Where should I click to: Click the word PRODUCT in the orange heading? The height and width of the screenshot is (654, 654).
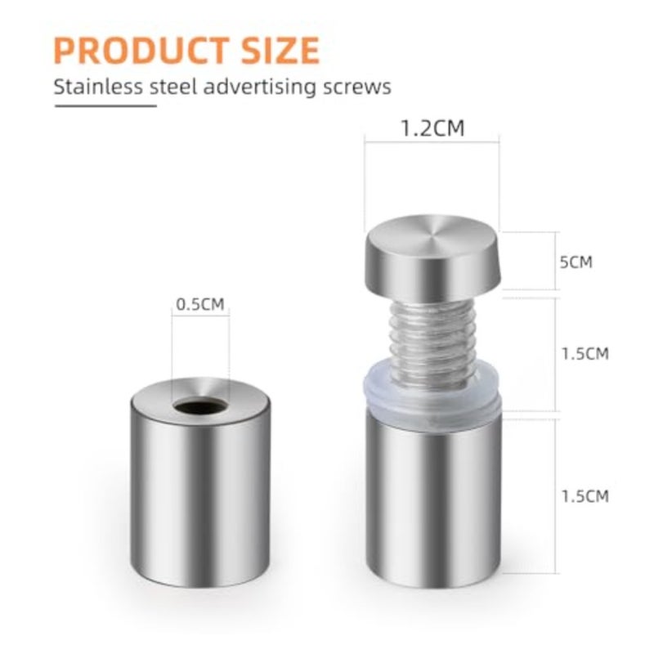[x=141, y=50]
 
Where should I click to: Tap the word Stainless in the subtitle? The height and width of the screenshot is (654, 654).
[x=98, y=87]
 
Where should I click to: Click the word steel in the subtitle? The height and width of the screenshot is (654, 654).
[x=173, y=87]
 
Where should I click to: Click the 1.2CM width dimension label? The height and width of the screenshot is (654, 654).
[x=432, y=128]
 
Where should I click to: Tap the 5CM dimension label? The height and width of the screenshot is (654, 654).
[x=576, y=262]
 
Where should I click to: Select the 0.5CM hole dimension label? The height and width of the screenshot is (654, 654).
[x=200, y=304]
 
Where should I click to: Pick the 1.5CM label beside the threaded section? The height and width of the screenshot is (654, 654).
[x=585, y=354]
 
